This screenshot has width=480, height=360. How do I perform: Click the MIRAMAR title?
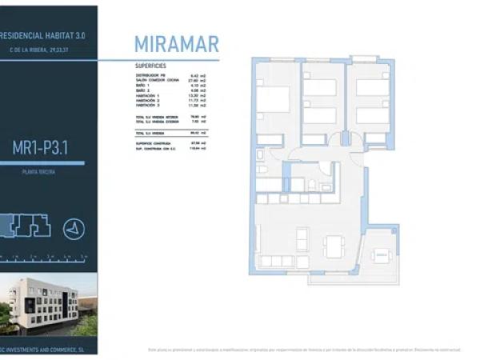[176, 44]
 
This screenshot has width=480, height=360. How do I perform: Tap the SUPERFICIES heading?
[150, 66]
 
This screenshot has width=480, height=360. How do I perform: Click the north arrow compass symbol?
[74, 227]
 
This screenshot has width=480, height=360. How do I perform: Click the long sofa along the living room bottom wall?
[277, 262]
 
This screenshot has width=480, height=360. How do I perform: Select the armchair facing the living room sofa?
[302, 238]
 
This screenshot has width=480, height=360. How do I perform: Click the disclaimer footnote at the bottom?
[304, 350]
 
